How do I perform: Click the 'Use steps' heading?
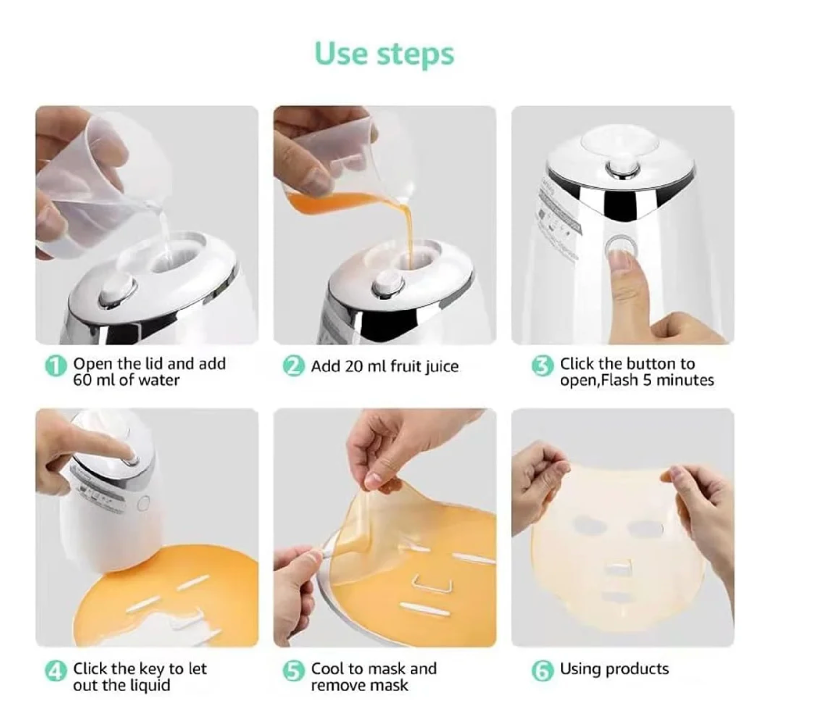pos(384,54)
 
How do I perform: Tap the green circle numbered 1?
pos(55,366)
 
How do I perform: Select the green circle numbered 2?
pos(293,366)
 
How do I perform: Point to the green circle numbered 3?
pos(542,366)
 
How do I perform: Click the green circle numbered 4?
pos(55,671)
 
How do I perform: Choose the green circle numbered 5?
pos(293,671)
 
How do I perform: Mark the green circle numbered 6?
pos(542,671)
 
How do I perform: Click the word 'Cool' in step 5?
pos(328,669)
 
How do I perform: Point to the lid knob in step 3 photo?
pos(622,169)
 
